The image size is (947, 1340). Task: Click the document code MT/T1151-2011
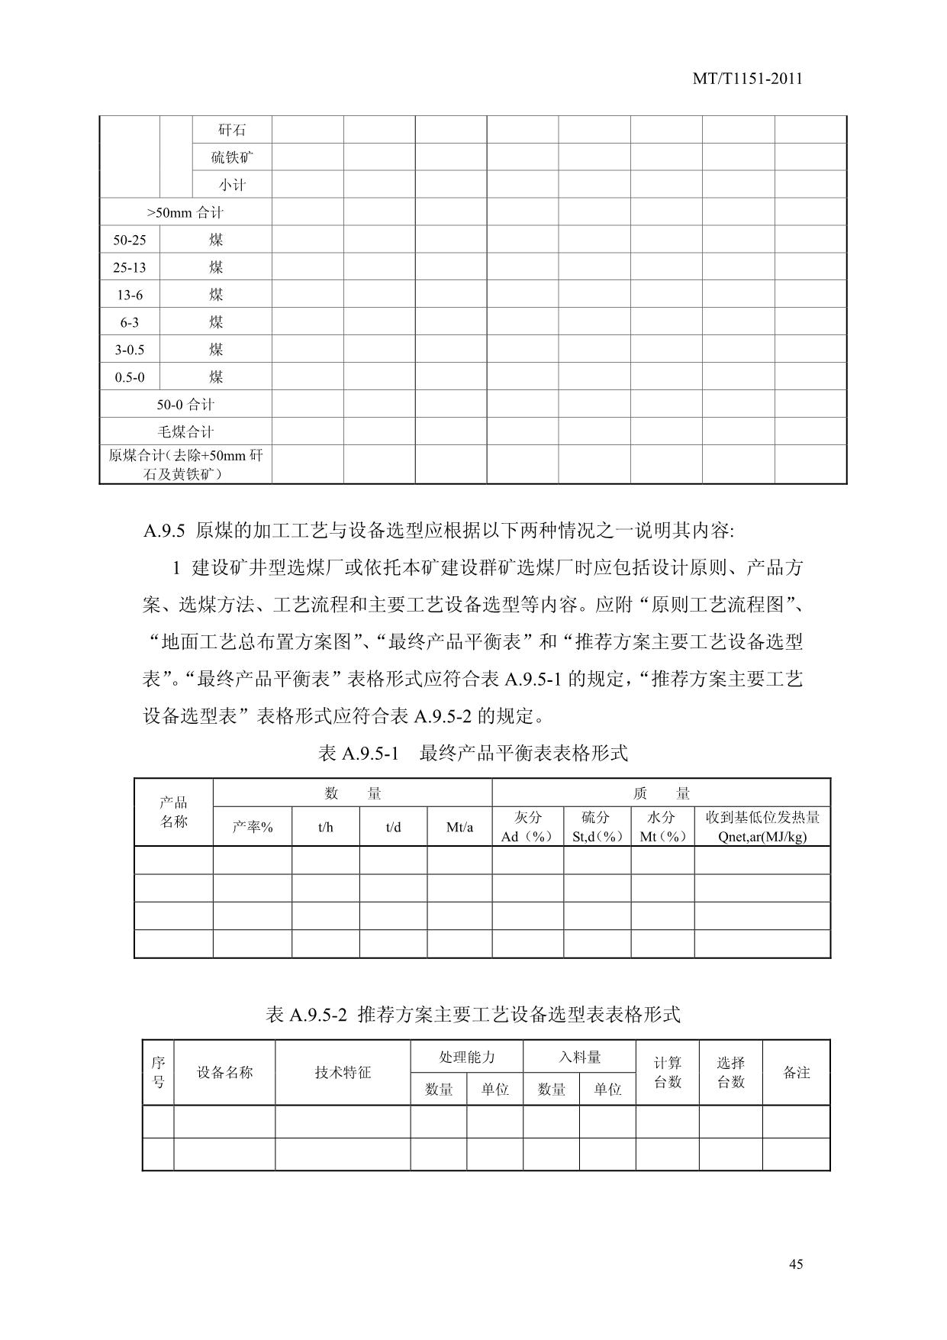click(x=747, y=79)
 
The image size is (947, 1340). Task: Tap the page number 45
click(x=795, y=1264)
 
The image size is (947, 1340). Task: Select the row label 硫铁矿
click(x=232, y=157)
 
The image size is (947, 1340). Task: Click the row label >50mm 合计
click(x=185, y=212)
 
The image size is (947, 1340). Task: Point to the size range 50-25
click(x=130, y=240)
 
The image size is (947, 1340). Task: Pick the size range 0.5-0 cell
click(x=130, y=377)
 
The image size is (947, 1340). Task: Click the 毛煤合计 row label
click(x=185, y=432)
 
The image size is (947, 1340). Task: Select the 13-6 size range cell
click(x=130, y=295)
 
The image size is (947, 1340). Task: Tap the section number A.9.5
click(x=165, y=530)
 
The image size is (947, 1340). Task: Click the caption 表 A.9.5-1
click(x=359, y=754)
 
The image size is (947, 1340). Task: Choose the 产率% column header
click(x=253, y=827)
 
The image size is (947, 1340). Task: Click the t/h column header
click(x=326, y=827)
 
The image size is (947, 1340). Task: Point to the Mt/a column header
click(x=459, y=827)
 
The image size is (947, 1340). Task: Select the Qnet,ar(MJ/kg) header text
click(x=762, y=836)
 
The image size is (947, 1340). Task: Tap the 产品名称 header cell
click(x=174, y=812)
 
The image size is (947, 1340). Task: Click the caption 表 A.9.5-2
click(x=307, y=1015)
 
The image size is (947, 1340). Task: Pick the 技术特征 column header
click(x=343, y=1073)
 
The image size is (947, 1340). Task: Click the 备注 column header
click(x=796, y=1073)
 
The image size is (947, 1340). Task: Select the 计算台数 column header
click(x=668, y=1073)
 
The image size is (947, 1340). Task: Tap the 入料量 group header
click(x=579, y=1057)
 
